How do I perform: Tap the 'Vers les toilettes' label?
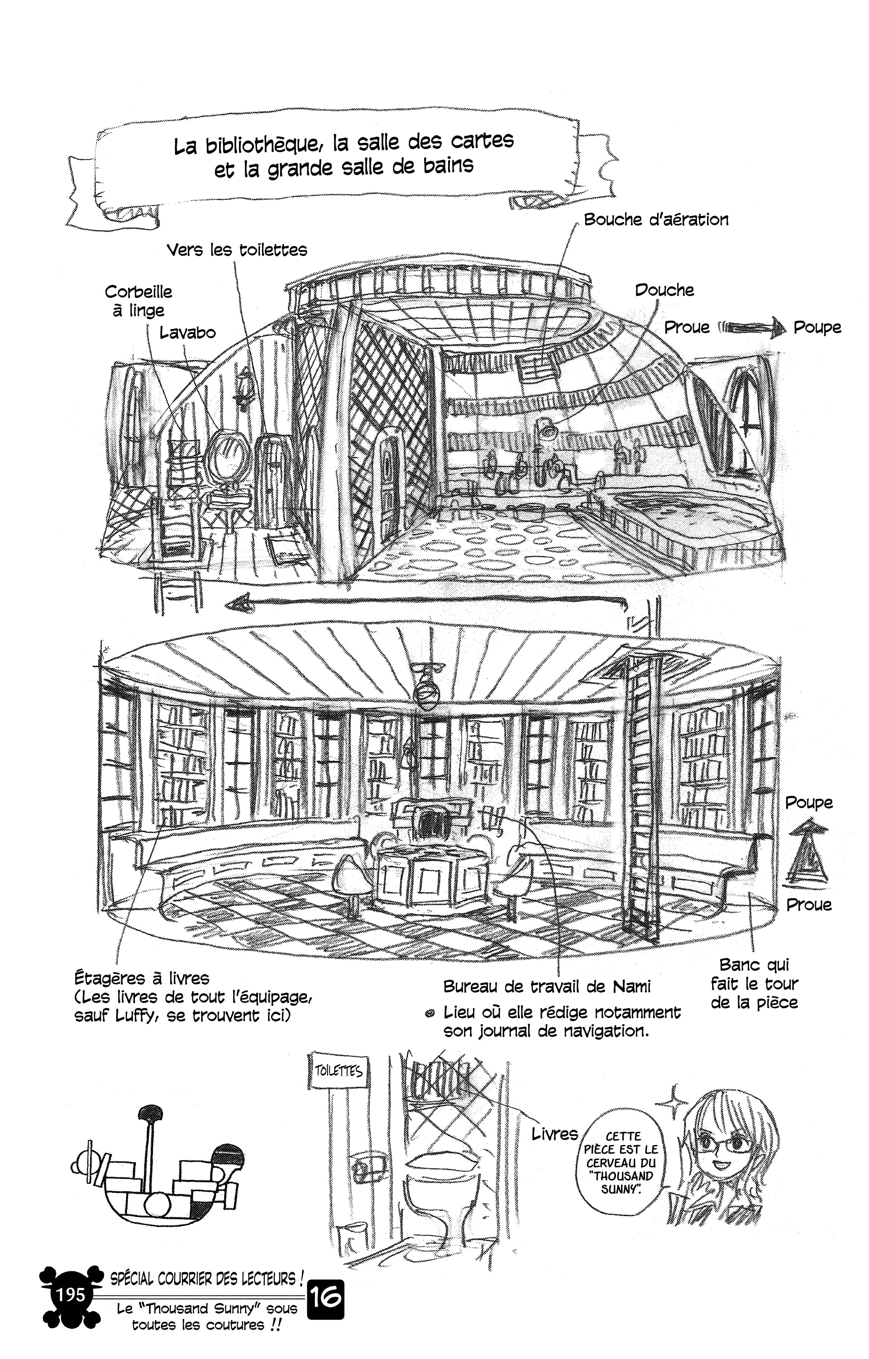point(237,250)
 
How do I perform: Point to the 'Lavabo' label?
point(187,332)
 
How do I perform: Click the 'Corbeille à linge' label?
point(138,301)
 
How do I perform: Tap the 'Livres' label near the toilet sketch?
point(554,1133)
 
